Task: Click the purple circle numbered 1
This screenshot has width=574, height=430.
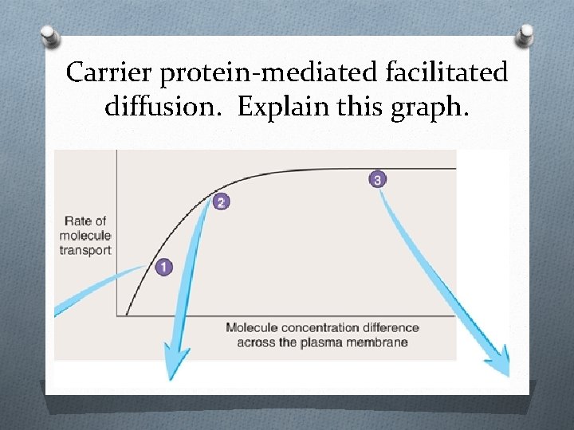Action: [x=163, y=267]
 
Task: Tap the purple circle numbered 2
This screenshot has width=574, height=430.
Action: [x=221, y=202]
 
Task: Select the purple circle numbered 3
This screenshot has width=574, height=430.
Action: [x=377, y=179]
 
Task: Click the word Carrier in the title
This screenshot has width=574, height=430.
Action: [x=110, y=73]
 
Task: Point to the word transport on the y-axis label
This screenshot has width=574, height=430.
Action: [x=85, y=250]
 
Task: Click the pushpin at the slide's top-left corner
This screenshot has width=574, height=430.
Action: [x=49, y=37]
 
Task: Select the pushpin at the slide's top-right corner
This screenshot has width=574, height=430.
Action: [x=526, y=35]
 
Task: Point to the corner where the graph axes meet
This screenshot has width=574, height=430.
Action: [x=117, y=316]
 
